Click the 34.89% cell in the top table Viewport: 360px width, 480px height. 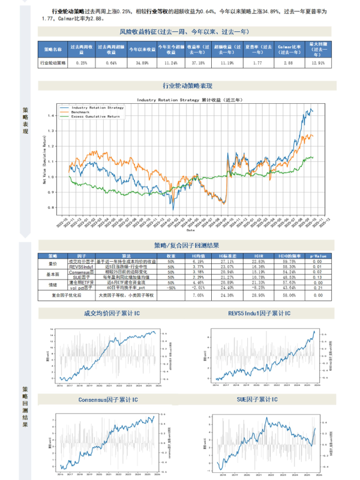(142, 62)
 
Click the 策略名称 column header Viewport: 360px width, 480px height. (52, 49)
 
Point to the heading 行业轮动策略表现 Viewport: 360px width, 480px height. (187, 86)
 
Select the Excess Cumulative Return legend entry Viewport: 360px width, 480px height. (95, 116)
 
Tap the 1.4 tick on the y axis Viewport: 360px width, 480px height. (51, 115)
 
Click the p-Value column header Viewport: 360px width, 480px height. (316, 255)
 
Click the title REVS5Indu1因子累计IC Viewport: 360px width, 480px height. (259, 313)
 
